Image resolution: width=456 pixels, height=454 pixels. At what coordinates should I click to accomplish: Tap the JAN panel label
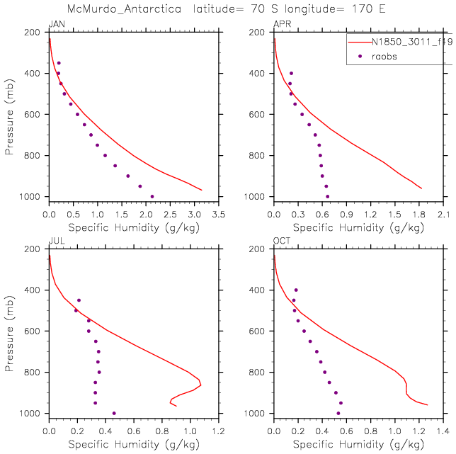click(56, 25)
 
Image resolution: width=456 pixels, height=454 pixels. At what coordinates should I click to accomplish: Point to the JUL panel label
click(55, 242)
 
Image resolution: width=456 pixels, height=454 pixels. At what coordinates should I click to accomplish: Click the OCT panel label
click(282, 242)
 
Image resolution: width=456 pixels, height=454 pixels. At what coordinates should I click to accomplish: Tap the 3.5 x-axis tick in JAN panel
click(219, 215)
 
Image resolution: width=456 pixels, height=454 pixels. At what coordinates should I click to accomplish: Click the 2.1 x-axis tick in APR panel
click(444, 215)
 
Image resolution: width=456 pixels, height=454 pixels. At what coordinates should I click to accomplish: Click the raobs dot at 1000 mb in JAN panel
click(152, 196)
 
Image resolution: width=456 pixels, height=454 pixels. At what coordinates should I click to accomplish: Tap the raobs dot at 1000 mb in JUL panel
click(114, 413)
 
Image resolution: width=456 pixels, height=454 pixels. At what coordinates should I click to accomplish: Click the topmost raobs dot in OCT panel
click(296, 290)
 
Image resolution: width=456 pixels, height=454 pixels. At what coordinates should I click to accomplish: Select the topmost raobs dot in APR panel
click(291, 73)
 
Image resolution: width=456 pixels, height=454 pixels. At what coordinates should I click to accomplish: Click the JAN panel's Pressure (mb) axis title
click(10, 113)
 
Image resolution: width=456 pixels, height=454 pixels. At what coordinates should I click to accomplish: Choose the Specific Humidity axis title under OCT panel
click(359, 445)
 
